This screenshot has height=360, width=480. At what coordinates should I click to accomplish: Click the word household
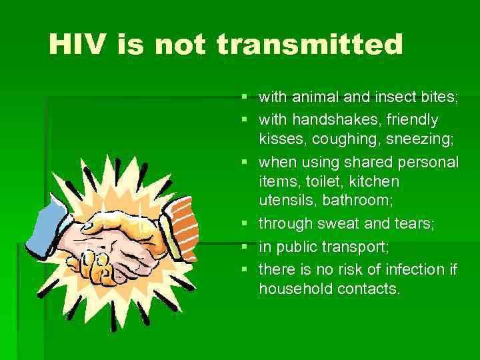click(293, 289)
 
